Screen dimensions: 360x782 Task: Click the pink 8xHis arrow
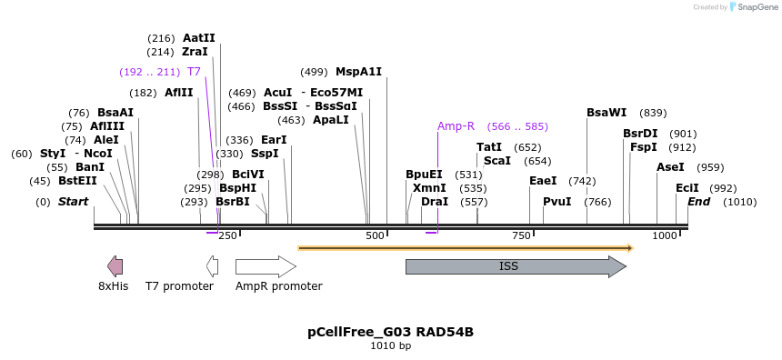[x=115, y=266]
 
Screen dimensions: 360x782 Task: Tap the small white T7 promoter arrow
[x=212, y=266]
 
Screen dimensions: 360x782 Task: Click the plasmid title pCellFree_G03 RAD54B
[x=391, y=332]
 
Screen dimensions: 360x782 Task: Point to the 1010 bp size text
[x=391, y=346]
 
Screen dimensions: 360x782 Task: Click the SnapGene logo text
[x=756, y=7]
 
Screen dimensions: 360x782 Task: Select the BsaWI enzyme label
[x=607, y=113]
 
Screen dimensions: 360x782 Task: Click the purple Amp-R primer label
[x=456, y=126]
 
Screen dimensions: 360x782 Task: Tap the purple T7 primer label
[x=194, y=72]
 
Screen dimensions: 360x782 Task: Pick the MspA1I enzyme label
[x=358, y=72]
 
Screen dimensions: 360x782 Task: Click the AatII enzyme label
[x=199, y=38]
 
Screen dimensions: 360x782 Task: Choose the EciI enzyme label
[x=687, y=188]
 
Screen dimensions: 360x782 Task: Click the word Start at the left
[x=74, y=202]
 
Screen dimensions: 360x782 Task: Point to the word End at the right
[x=698, y=202]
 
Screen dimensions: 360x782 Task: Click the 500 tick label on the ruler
[x=376, y=235]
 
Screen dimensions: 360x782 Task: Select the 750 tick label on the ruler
[x=521, y=235]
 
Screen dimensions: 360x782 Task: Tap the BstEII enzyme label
[x=77, y=181]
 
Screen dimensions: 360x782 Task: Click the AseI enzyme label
[x=670, y=167]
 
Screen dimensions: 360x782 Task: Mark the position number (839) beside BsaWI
[x=653, y=113]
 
